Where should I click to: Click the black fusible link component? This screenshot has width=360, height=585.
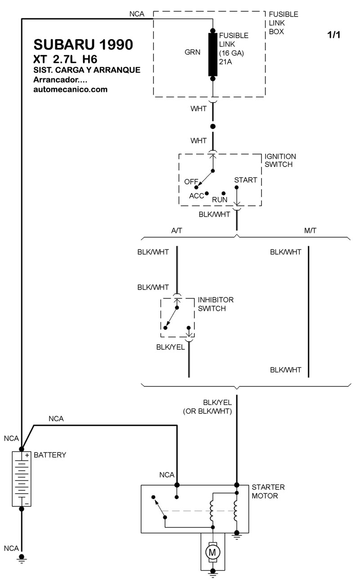pyautogui.click(x=212, y=54)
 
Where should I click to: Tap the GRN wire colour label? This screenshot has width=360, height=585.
pyautogui.click(x=193, y=52)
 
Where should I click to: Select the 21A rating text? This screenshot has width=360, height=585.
pyautogui.click(x=225, y=62)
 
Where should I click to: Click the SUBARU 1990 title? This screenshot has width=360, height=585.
pyautogui.click(x=83, y=44)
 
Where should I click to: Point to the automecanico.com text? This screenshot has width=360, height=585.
pyautogui.click(x=71, y=89)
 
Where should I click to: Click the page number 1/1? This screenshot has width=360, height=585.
pyautogui.click(x=333, y=35)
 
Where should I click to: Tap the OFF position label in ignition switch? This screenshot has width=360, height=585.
pyautogui.click(x=191, y=181)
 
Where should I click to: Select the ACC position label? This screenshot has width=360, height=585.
pyautogui.click(x=196, y=196)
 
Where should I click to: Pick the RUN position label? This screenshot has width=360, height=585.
pyautogui.click(x=220, y=199)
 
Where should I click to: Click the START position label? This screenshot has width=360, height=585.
pyautogui.click(x=246, y=180)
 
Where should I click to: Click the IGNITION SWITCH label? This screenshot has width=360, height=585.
pyautogui.click(x=280, y=161)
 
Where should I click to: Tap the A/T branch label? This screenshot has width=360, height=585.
pyautogui.click(x=177, y=230)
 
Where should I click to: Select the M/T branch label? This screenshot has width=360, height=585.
pyautogui.click(x=310, y=230)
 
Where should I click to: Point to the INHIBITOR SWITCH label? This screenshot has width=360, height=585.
pyautogui.click(x=216, y=304)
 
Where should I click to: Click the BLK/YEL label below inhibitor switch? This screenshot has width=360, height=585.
pyautogui.click(x=171, y=347)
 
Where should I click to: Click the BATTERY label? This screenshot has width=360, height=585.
pyautogui.click(x=50, y=455)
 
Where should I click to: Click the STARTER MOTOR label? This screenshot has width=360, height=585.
pyautogui.click(x=268, y=491)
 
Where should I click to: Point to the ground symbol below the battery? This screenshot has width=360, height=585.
pyautogui.click(x=21, y=558)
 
